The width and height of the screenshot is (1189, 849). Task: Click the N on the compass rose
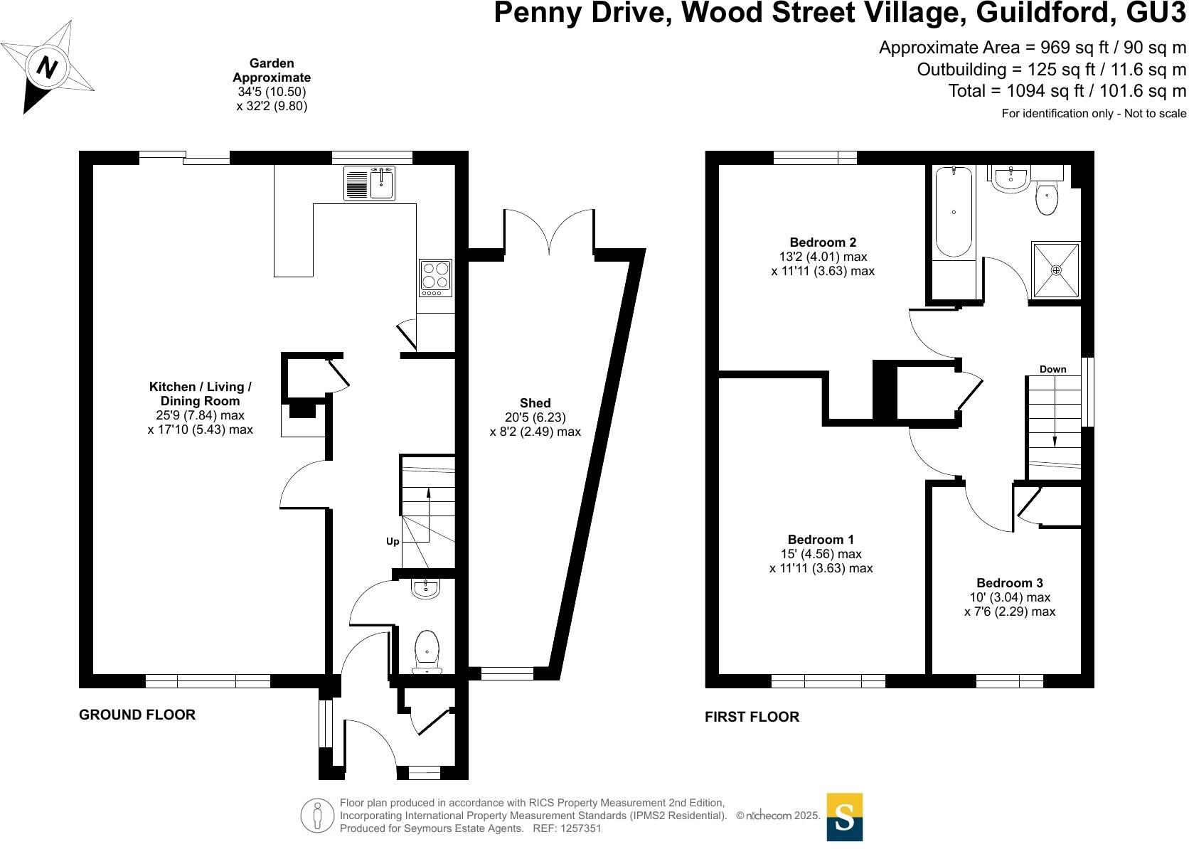point(48,67)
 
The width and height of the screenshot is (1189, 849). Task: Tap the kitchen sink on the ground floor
point(368,183)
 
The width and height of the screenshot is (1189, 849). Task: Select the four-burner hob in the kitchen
point(435,277)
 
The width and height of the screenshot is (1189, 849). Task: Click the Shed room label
point(535,403)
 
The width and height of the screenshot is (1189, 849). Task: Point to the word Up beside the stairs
point(393,542)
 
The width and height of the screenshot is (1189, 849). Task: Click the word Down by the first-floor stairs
point(1052,369)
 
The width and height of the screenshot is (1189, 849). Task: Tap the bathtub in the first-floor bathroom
point(953,211)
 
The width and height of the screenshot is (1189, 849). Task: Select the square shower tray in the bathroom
point(1056,269)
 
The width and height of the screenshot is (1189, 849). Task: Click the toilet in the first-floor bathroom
point(1047,198)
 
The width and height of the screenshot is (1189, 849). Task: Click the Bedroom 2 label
point(823,242)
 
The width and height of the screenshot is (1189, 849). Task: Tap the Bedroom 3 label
point(1009,583)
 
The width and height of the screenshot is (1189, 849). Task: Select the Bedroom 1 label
point(821,540)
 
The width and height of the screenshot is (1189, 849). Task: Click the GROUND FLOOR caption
point(137,715)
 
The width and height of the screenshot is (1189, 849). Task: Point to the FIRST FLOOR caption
point(752,717)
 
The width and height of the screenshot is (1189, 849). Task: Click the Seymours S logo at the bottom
point(844,816)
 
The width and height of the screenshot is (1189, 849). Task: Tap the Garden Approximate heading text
point(272,70)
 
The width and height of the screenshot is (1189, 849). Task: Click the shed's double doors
point(549,232)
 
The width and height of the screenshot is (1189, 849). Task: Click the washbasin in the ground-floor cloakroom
point(426,588)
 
